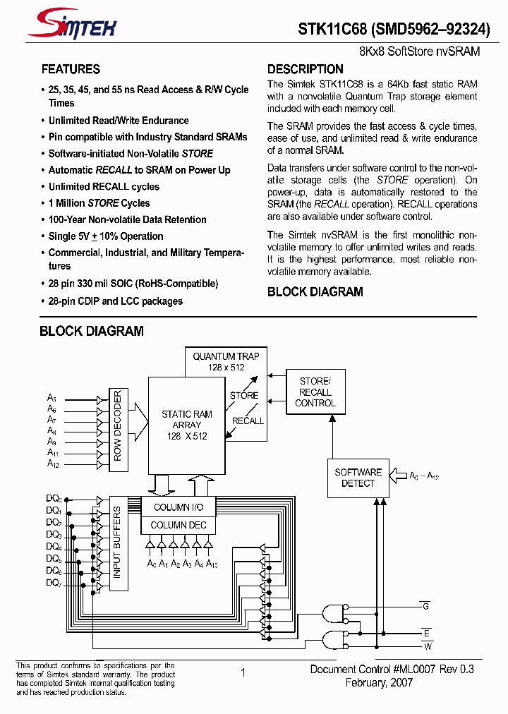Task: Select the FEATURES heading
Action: coord(71,69)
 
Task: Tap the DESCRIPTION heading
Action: coord(305,69)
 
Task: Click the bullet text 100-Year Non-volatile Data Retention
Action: coord(127,219)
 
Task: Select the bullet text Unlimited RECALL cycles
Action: coord(104,187)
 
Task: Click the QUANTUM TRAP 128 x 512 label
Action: coord(226,361)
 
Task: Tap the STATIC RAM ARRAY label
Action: coord(186,425)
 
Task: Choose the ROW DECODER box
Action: coord(117,426)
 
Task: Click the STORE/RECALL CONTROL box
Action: coord(315,392)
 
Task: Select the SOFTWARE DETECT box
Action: coord(358,478)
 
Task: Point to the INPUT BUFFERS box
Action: coord(117,542)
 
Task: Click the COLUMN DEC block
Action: coord(179,525)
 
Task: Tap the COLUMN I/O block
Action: coord(179,507)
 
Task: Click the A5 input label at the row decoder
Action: coord(52,398)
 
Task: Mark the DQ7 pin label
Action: coord(54,583)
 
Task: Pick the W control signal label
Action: coord(427,646)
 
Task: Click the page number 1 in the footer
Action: coord(243,672)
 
